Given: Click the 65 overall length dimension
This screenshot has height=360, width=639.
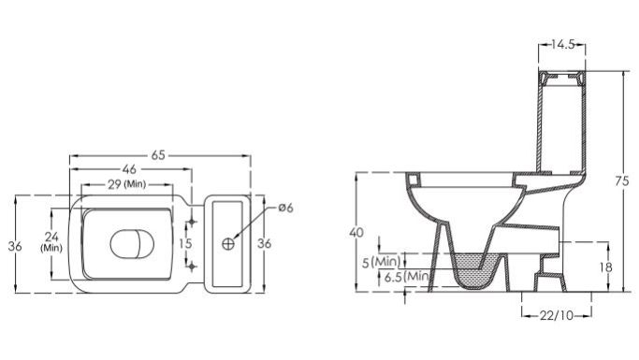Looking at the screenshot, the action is pos(158,155).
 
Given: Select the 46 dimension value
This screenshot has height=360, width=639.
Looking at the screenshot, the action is pos(129,169).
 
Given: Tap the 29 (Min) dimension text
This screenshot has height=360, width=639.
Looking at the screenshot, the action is pos(126,184).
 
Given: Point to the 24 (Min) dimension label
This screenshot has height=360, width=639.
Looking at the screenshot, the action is pos(51,241).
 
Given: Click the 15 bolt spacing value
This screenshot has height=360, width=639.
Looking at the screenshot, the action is pos(185,243).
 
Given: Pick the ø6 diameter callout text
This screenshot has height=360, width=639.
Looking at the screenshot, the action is pos(285,208).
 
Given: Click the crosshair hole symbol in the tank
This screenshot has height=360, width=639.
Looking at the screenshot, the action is pos(228,243).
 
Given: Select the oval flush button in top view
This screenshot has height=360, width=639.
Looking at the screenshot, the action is pos(133,244).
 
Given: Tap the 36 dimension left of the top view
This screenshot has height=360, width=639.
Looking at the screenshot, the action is pos(15,246).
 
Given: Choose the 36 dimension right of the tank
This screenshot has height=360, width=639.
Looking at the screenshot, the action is pos(265,243).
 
